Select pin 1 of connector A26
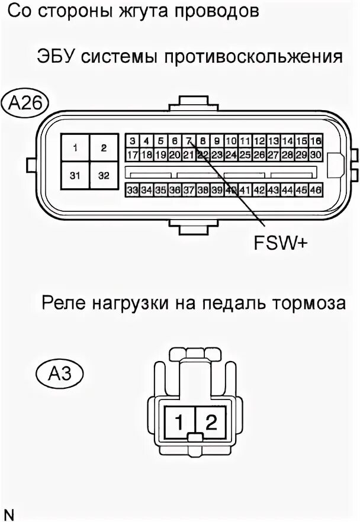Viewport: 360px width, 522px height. tap(76, 148)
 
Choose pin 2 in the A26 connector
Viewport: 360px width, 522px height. tap(104, 148)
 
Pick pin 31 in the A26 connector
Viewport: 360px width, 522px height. tap(76, 175)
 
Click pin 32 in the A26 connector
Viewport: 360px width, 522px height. tap(104, 175)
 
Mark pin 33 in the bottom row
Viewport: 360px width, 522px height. tap(132, 190)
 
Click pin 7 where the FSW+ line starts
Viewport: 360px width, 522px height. tap(188, 141)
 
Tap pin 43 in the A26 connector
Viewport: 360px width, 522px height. tap(273, 190)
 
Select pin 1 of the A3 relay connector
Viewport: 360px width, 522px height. tap(178, 422)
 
